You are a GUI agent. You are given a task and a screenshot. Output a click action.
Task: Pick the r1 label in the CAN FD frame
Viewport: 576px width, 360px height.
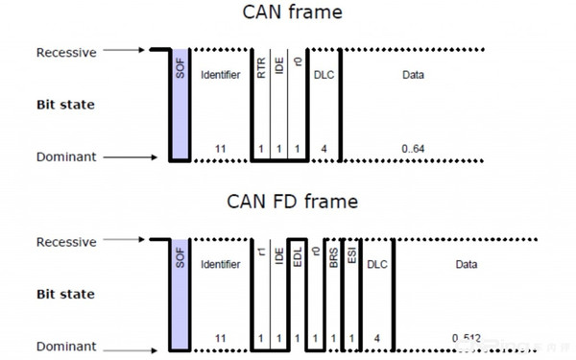pos(261,253)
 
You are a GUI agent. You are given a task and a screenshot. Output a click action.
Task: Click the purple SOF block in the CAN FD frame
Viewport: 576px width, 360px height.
pos(179,294)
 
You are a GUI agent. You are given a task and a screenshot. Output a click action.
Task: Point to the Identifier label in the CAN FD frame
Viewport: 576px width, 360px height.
pos(220,263)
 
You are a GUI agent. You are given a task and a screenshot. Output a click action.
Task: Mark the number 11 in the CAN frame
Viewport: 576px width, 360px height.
pos(220,149)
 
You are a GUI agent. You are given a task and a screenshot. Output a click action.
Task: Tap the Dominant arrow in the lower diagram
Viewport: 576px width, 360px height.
pos(130,346)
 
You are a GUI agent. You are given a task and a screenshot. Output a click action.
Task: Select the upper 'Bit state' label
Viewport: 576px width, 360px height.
pos(65,101)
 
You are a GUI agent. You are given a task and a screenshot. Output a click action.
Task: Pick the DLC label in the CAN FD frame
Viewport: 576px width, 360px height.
pos(377,263)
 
